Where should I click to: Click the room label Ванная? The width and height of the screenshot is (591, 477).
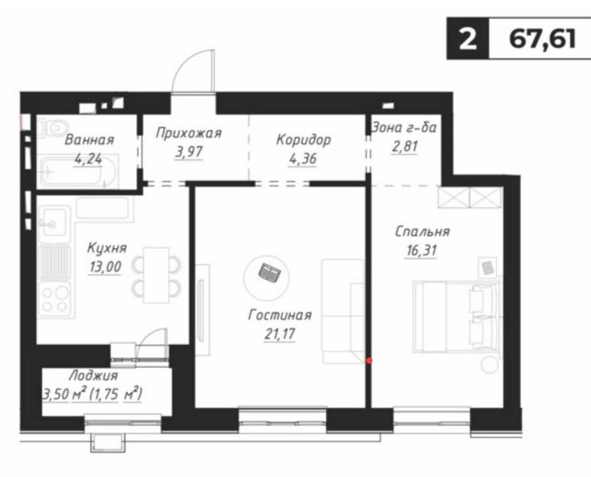pos(89,140)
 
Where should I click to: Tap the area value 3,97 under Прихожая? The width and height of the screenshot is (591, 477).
pos(189,152)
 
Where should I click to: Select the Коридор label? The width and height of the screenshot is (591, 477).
pos(303,140)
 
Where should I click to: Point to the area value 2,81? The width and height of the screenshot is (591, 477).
pos(405,146)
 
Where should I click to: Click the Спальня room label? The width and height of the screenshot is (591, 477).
pos(422,231)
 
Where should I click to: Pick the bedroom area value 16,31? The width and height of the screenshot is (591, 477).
pos(422,250)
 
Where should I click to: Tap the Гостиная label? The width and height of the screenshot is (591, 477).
pos(280,315)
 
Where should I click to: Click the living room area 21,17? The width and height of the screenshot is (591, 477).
pos(280,334)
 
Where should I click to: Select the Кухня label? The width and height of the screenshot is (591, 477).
pos(107,248)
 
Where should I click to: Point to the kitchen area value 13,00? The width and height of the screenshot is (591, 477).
pos(105,267)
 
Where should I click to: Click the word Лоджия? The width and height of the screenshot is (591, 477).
pos(94,376)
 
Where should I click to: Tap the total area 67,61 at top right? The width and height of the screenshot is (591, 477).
pos(542,38)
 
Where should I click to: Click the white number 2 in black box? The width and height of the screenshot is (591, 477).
pos(468,39)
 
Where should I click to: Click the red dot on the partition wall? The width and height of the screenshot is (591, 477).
pos(369,361)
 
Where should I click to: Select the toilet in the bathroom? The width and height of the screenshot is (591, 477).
pos(52,127)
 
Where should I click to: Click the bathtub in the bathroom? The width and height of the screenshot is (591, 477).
pos(77,171)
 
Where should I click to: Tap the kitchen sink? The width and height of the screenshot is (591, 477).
pos(54,224)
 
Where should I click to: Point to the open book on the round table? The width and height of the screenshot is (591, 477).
pos(269,272)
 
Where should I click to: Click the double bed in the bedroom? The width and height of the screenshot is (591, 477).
pos(457,316)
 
